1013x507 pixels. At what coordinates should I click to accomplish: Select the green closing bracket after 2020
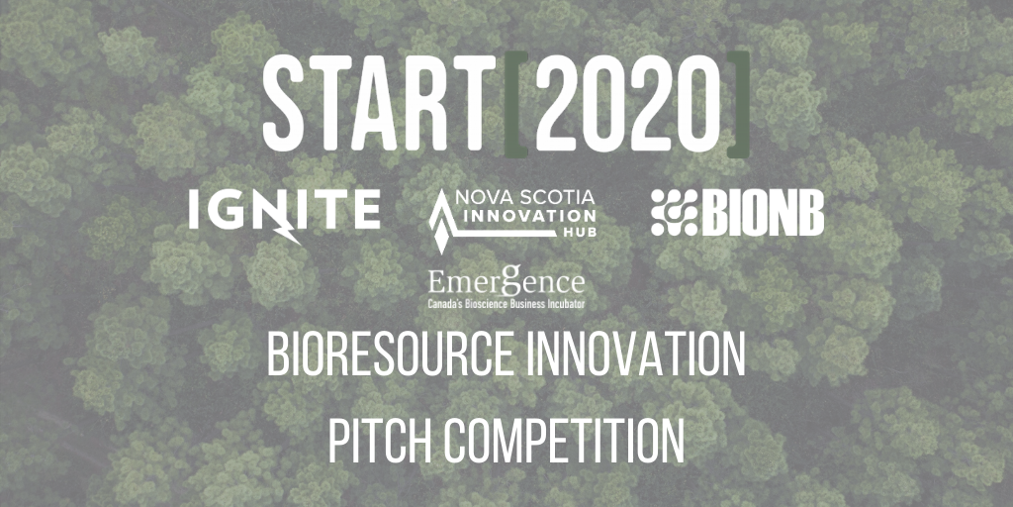point(736,105)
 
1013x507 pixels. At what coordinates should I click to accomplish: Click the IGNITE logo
point(284,211)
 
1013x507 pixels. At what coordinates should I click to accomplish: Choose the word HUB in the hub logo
point(577,233)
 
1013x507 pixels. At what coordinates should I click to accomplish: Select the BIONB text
point(763,212)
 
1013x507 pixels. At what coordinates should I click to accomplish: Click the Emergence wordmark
point(506,280)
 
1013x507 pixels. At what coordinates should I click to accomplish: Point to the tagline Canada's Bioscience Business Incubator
point(506,299)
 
